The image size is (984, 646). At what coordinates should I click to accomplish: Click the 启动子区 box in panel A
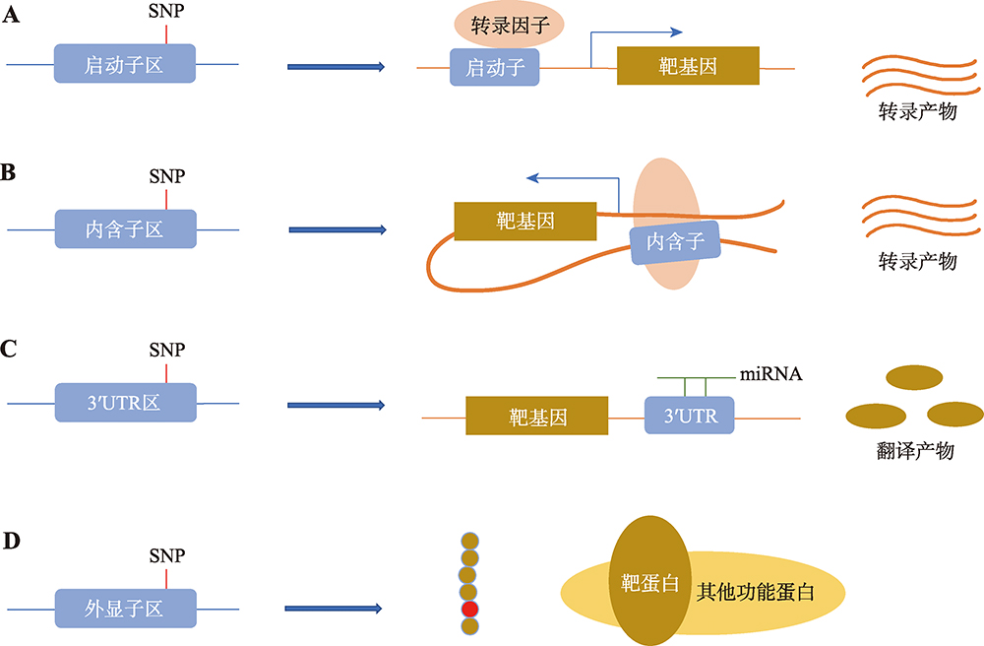(x=124, y=63)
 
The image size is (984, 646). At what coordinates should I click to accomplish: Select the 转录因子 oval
(x=509, y=25)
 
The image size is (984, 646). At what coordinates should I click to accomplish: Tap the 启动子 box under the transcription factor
(x=495, y=67)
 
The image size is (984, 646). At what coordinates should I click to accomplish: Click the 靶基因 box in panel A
(x=688, y=65)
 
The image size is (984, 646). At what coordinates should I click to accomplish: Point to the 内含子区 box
(x=126, y=228)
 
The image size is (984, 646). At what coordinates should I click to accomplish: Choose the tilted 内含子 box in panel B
(x=675, y=241)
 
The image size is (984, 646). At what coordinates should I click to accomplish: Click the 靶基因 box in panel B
(x=525, y=221)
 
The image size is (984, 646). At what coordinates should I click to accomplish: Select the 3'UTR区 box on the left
(x=126, y=403)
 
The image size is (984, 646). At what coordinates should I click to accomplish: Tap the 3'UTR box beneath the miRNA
(x=690, y=415)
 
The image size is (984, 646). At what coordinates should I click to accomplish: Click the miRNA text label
(x=770, y=374)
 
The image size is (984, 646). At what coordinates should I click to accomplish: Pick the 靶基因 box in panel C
(x=537, y=416)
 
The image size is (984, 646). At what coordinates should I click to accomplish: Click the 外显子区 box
(x=126, y=609)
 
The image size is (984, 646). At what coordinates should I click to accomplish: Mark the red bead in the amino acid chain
(x=470, y=609)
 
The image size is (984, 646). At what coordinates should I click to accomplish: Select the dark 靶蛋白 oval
(x=650, y=581)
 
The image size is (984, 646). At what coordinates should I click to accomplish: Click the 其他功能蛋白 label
(x=755, y=592)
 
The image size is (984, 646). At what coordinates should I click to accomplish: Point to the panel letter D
(x=11, y=542)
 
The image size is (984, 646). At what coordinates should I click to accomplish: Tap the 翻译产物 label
(x=915, y=450)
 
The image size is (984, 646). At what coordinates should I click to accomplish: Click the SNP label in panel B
(x=167, y=176)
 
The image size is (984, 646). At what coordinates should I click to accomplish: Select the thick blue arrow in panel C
(x=337, y=405)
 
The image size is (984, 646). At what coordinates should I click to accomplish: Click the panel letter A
(x=11, y=14)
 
